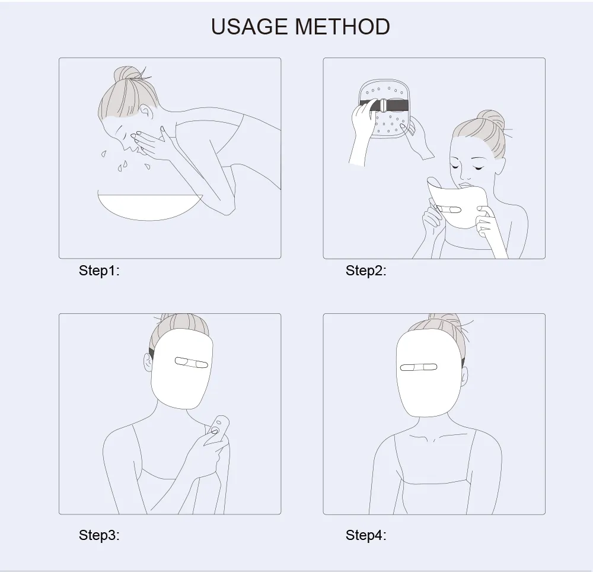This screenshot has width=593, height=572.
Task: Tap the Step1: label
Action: [x=99, y=271]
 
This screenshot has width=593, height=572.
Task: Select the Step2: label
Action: [x=366, y=271]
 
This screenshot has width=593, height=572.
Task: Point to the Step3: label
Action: [x=99, y=535]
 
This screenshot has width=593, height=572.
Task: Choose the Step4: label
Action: [x=366, y=535]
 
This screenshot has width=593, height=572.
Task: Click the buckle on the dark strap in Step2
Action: [x=382, y=104]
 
